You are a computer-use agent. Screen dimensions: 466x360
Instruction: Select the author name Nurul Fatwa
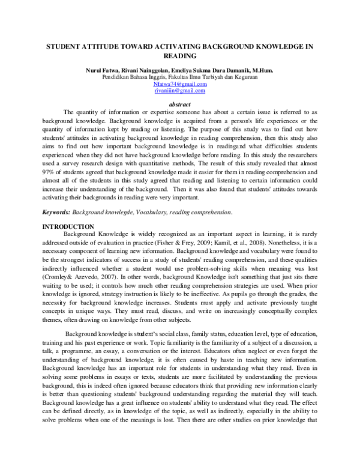click(102, 71)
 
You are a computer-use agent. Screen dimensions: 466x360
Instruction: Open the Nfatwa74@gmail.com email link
click(180, 84)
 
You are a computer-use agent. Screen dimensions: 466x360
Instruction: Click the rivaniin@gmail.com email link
click(180, 91)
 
